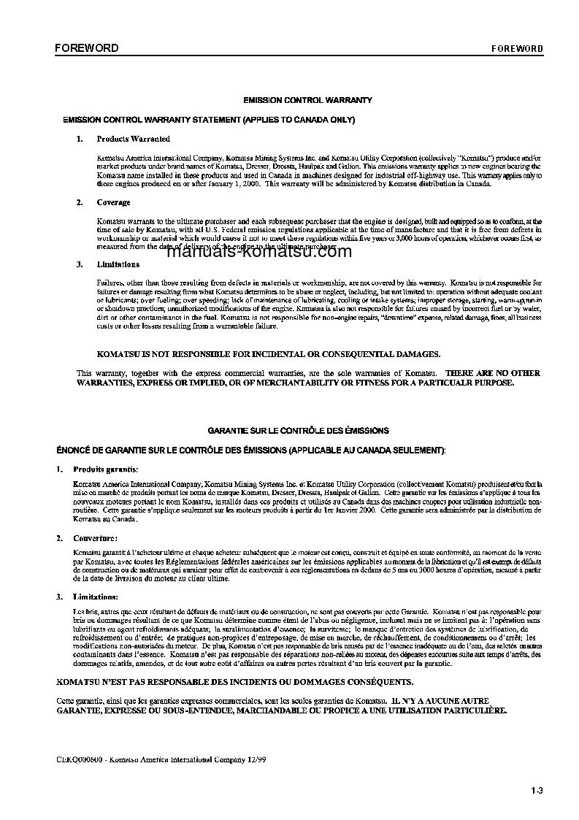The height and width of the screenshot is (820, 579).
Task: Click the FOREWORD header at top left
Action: coord(86,48)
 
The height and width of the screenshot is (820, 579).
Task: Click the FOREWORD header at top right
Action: coord(517,49)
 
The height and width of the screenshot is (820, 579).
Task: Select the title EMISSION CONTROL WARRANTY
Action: coord(307,100)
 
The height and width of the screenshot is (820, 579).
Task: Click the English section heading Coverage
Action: coord(114,203)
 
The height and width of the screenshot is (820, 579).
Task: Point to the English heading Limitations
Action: coord(118,264)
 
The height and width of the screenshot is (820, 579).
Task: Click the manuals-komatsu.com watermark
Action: coord(259,252)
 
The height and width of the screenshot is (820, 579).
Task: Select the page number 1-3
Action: coord(537,789)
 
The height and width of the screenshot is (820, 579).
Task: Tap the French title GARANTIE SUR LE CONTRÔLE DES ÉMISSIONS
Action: coord(299,431)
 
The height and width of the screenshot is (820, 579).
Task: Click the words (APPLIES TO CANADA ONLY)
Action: coord(299,119)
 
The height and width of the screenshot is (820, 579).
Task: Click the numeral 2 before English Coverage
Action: coord(79,203)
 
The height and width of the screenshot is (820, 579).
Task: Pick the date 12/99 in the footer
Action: coord(257,760)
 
